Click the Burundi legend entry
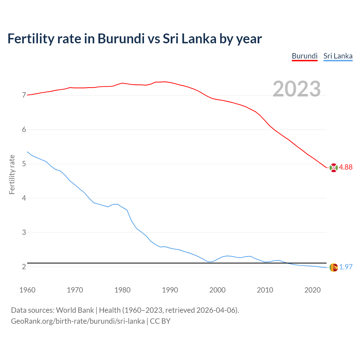pos(305,56)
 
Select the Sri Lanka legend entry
pos(338,56)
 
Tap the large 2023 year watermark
pos(296,89)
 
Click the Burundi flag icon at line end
pos(333,168)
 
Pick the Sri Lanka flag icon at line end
pos(333,267)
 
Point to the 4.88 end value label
pos(346,167)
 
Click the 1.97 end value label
pos(346,267)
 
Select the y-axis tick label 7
pos(24,95)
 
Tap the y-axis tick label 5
pos(24,164)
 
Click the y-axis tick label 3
pos(24,232)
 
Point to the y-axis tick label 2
pos(24,267)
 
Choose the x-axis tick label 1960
pos(27,290)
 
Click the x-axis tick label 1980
pos(122,290)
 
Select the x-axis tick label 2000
pos(217,290)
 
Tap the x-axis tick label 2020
pos(312,290)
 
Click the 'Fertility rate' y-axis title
pos(12,174)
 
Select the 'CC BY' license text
pos(160,321)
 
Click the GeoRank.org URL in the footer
pos(78,321)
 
